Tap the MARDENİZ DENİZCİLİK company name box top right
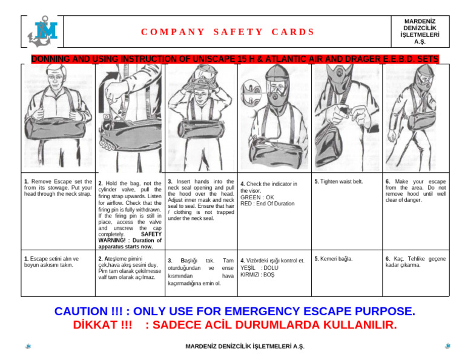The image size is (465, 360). click(x=419, y=31)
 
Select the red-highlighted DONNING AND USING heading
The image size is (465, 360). click(x=235, y=59)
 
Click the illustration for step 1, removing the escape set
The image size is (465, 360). click(x=58, y=115)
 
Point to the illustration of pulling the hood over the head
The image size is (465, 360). click(x=201, y=115)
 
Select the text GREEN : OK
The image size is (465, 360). click(x=257, y=197)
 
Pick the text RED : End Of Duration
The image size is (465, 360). click(x=267, y=204)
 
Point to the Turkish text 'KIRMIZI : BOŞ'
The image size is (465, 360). click(x=257, y=275)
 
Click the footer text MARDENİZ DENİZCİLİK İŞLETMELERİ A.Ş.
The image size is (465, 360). click(x=244, y=346)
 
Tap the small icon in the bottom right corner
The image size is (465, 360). click(x=447, y=346)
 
